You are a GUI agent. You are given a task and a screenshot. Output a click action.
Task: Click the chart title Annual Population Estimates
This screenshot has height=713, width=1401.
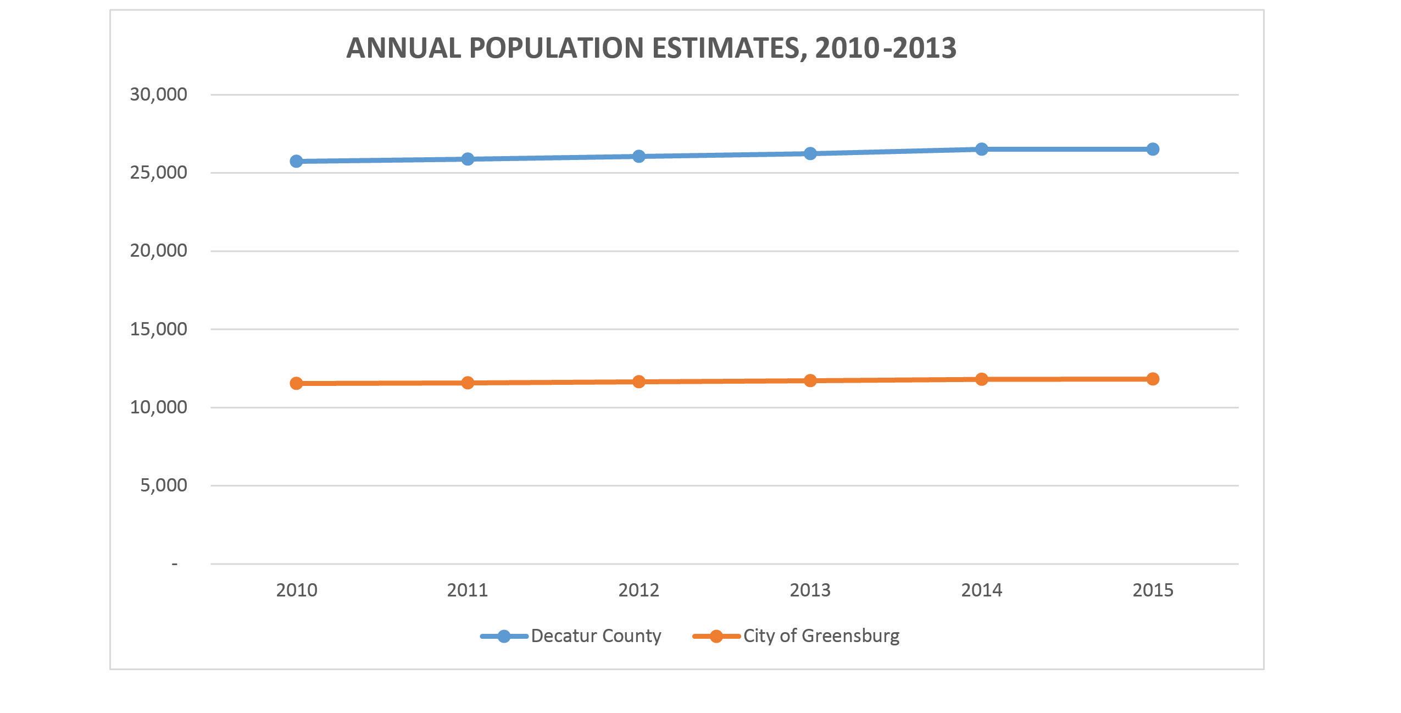651,48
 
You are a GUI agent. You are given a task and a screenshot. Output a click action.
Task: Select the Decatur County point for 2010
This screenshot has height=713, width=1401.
296,161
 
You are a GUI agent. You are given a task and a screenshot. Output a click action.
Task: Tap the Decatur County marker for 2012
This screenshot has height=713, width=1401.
638,156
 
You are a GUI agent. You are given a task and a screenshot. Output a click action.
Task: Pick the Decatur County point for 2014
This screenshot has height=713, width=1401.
981,149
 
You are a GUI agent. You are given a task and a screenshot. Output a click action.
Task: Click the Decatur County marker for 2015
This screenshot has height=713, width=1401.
1153,149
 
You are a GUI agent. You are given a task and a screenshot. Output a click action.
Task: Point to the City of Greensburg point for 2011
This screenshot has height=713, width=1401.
468,383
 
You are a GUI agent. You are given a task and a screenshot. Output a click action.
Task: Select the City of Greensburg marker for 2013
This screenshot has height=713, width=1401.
810,380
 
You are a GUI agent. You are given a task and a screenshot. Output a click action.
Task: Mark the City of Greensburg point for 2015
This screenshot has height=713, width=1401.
1153,379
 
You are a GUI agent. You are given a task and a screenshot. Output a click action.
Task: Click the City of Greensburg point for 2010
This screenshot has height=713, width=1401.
296,383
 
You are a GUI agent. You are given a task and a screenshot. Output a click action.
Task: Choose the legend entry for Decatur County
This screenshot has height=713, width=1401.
596,636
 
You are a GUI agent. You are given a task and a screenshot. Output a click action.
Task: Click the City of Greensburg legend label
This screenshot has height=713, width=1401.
821,636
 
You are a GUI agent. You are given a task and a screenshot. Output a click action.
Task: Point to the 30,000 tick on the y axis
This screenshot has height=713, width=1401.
158,95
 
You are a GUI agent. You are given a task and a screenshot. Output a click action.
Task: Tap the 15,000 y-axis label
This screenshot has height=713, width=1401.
158,329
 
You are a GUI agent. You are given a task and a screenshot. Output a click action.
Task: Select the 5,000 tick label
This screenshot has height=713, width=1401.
163,485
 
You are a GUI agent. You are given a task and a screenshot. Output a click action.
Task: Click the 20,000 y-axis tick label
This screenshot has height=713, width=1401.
158,251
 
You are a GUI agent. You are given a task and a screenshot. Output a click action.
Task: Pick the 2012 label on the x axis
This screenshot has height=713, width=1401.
638,590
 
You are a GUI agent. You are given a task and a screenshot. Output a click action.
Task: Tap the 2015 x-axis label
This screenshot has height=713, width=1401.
1153,590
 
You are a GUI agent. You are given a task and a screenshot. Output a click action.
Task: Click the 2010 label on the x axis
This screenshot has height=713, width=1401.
296,590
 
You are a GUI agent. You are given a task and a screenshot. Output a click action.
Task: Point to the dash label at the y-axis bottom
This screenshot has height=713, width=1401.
175,564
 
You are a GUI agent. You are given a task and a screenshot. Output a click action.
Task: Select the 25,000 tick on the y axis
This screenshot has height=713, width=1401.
158,173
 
